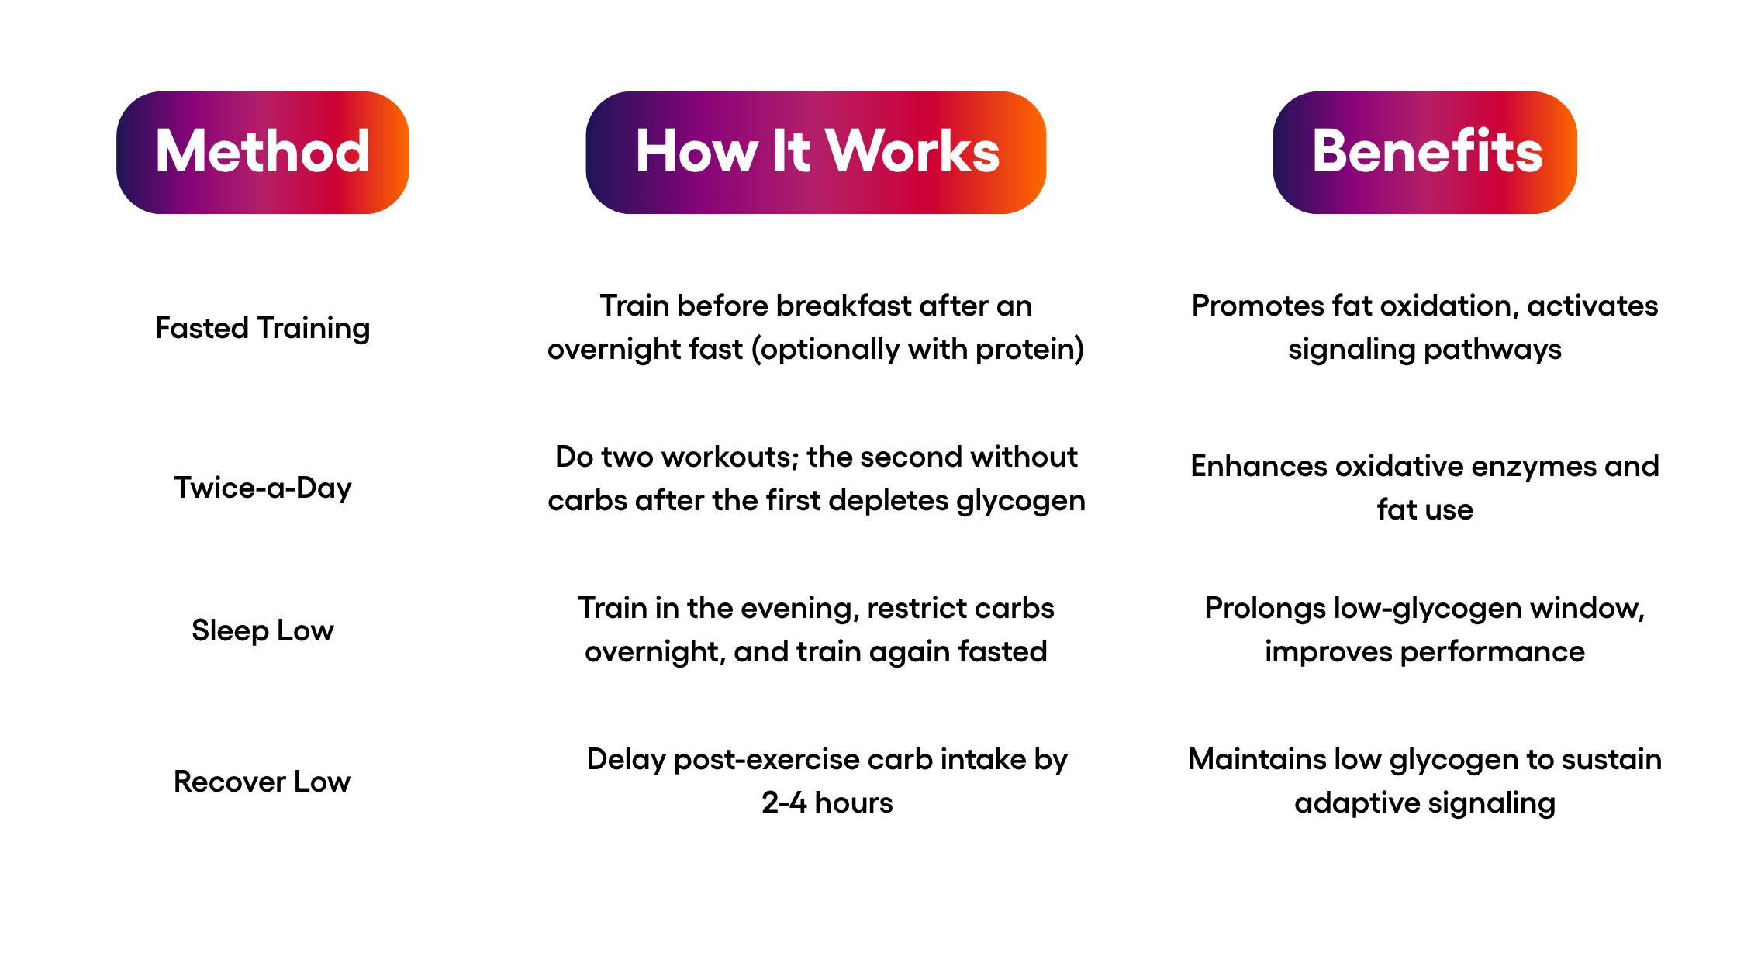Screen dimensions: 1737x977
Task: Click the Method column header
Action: click(x=263, y=153)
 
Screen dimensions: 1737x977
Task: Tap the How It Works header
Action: click(x=816, y=153)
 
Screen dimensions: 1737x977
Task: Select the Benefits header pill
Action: click(x=1425, y=153)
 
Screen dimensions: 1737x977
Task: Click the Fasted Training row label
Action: click(x=263, y=328)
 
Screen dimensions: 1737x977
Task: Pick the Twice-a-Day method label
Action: click(x=263, y=488)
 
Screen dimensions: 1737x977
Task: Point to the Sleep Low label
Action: click(x=263, y=630)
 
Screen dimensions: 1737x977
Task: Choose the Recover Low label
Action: click(x=262, y=782)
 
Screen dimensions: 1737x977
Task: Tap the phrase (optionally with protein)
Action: click(x=917, y=350)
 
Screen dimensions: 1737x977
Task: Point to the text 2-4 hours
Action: click(x=827, y=803)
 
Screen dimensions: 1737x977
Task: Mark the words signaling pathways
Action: click(x=1425, y=350)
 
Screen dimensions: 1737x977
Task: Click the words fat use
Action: click(x=1425, y=509)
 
